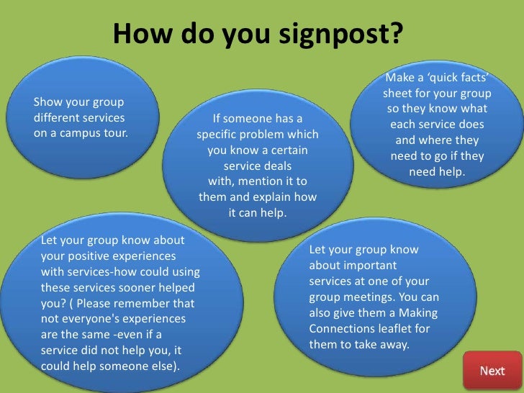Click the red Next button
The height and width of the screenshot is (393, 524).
(492, 371)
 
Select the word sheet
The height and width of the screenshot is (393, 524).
(398, 94)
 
